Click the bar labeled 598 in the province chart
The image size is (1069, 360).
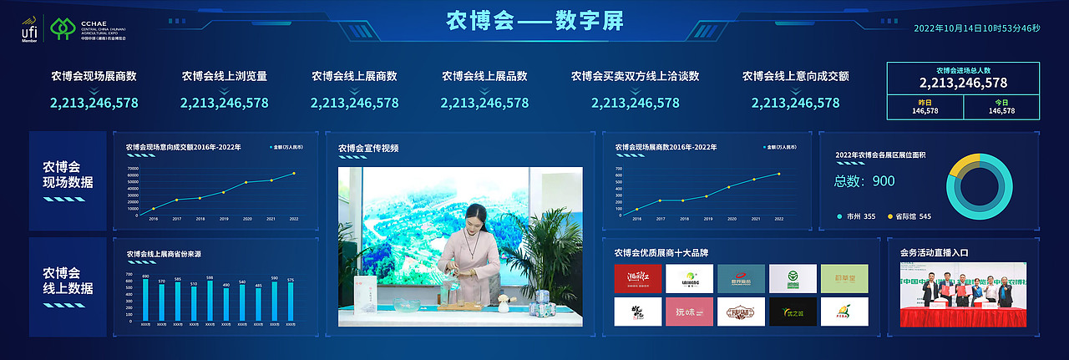tap(210, 302)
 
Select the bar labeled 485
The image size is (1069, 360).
tap(258, 305)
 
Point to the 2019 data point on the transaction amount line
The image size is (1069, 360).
tap(224, 192)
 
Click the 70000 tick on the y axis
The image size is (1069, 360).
tap(132, 169)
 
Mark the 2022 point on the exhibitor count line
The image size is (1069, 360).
tap(778, 174)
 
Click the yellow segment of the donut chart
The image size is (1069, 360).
tap(963, 163)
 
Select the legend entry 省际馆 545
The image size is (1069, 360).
tap(907, 216)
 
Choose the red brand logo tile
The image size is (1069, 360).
tap(637, 278)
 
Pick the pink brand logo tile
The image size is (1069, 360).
tap(689, 312)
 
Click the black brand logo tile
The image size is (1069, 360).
tap(793, 312)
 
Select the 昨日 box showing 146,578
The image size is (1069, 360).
tap(925, 107)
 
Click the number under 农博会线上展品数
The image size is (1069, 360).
tap(484, 104)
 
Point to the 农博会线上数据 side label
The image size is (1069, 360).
tap(68, 281)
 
